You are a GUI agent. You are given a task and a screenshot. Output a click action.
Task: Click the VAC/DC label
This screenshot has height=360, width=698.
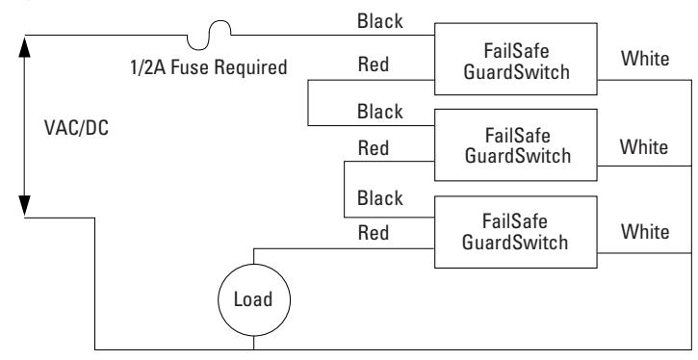click(x=77, y=128)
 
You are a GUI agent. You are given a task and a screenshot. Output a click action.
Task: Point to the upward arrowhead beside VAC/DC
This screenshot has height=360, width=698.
click(x=24, y=47)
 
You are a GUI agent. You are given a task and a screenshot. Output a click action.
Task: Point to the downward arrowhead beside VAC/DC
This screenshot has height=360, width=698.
click(x=24, y=206)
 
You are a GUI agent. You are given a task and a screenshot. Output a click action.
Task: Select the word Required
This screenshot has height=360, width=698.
click(x=250, y=68)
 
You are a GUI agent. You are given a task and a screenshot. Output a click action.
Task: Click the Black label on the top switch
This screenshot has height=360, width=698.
click(x=380, y=21)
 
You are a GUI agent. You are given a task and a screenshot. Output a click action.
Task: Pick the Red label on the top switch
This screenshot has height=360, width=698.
click(x=374, y=64)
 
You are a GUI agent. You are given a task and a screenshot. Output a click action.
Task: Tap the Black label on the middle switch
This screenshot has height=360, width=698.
click(x=380, y=112)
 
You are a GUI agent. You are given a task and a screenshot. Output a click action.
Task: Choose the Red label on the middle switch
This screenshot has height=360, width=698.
click(x=374, y=148)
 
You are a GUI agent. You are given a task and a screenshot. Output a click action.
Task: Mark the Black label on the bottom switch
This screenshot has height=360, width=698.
click(x=380, y=198)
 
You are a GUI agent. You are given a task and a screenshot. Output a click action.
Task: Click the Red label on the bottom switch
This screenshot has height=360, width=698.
click(x=374, y=233)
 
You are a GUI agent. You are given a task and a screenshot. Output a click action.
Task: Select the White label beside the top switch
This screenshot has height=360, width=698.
click(x=645, y=59)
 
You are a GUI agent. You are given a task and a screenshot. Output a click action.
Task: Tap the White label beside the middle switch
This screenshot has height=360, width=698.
click(x=644, y=147)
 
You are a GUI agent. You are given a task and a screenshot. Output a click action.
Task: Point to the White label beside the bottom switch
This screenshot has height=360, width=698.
click(x=645, y=232)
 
